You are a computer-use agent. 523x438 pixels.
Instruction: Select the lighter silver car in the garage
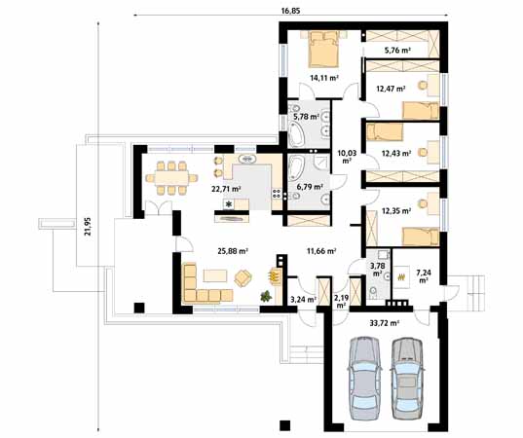365,374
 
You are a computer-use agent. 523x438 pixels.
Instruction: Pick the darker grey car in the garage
405,374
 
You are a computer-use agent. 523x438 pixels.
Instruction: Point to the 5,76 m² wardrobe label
397,48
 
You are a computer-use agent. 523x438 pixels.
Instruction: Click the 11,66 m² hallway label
320,251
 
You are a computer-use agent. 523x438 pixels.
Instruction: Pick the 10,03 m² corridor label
345,156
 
